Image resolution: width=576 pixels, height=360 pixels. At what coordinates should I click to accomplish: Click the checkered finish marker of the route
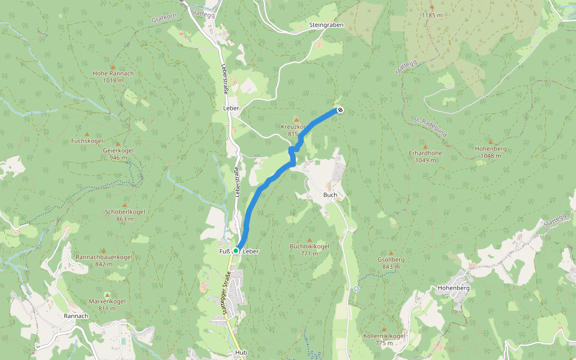click(x=340, y=110)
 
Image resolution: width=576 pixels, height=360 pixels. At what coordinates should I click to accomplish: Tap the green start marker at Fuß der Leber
click(x=236, y=250)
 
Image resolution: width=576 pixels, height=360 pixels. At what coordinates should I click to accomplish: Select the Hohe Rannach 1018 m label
click(x=113, y=77)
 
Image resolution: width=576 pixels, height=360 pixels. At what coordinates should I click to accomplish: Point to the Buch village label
click(x=330, y=195)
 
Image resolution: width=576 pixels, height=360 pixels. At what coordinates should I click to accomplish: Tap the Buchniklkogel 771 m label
click(x=310, y=250)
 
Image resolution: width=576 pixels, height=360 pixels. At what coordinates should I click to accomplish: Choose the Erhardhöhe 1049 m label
click(x=425, y=156)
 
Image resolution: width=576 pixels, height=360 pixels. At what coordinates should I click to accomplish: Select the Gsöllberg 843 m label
click(x=391, y=263)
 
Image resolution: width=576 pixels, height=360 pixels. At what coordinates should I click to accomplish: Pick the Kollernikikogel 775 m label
click(x=384, y=340)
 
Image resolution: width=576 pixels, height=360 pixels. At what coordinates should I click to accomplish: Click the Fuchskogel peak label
click(x=87, y=141)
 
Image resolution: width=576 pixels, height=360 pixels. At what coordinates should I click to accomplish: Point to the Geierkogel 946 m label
click(x=118, y=154)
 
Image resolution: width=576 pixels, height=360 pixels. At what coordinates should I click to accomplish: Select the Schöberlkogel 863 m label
click(x=125, y=215)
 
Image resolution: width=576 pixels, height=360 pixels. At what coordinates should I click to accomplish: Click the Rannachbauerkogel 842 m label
click(x=104, y=260)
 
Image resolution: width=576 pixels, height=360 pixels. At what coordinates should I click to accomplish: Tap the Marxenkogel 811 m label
click(x=107, y=304)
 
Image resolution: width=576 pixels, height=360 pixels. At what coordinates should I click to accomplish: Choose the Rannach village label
click(x=76, y=316)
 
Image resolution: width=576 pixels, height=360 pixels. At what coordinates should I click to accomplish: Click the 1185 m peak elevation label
click(x=431, y=15)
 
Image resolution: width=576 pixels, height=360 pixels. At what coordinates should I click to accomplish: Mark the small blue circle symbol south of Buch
click(x=356, y=289)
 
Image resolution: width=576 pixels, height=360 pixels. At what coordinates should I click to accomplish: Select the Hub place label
click(x=241, y=353)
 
